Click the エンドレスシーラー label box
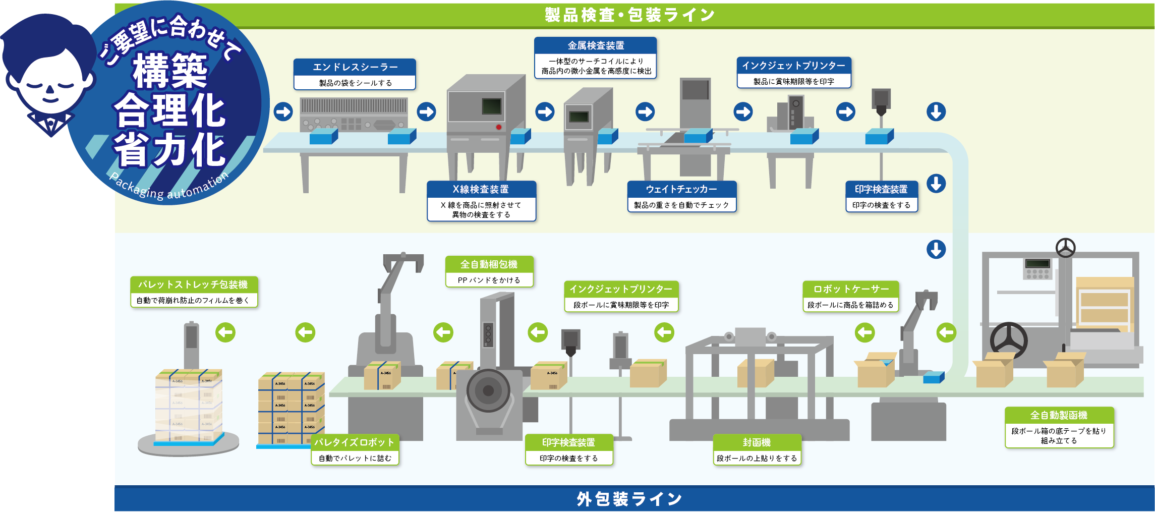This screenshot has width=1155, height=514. (355, 74)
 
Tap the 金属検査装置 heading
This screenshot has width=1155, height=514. (596, 46)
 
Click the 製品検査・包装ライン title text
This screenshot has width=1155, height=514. (629, 15)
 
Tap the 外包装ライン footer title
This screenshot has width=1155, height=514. (629, 499)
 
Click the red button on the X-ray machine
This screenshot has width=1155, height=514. (498, 127)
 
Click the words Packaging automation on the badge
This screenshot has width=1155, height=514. (169, 188)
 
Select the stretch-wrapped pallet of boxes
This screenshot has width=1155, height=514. (189, 406)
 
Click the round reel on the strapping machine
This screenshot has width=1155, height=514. (488, 390)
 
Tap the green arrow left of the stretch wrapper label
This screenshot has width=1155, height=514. (225, 332)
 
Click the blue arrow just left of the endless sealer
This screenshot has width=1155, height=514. (283, 111)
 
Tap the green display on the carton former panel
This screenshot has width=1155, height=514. (1037, 264)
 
